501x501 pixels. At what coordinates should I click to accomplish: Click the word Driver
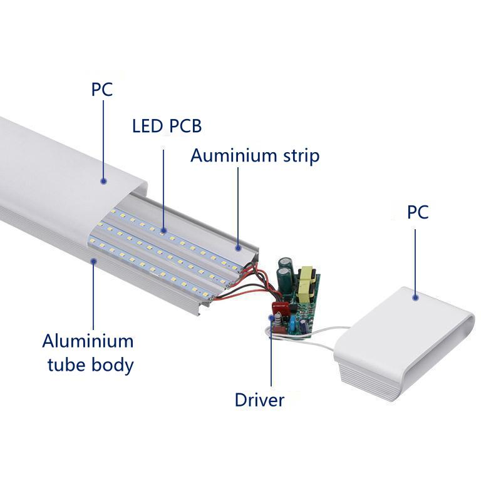259,400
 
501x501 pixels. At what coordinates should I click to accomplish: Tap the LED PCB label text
167,126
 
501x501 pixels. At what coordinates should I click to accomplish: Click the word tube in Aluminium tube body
65,364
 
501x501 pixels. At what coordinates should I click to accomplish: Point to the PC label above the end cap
418,212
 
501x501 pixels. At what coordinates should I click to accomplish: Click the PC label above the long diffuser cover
102,90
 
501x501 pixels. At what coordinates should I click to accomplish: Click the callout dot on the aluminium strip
238,247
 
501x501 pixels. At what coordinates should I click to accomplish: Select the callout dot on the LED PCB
164,230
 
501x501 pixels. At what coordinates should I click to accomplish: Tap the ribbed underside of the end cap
363,379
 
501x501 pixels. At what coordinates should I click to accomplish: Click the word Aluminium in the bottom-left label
88,342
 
